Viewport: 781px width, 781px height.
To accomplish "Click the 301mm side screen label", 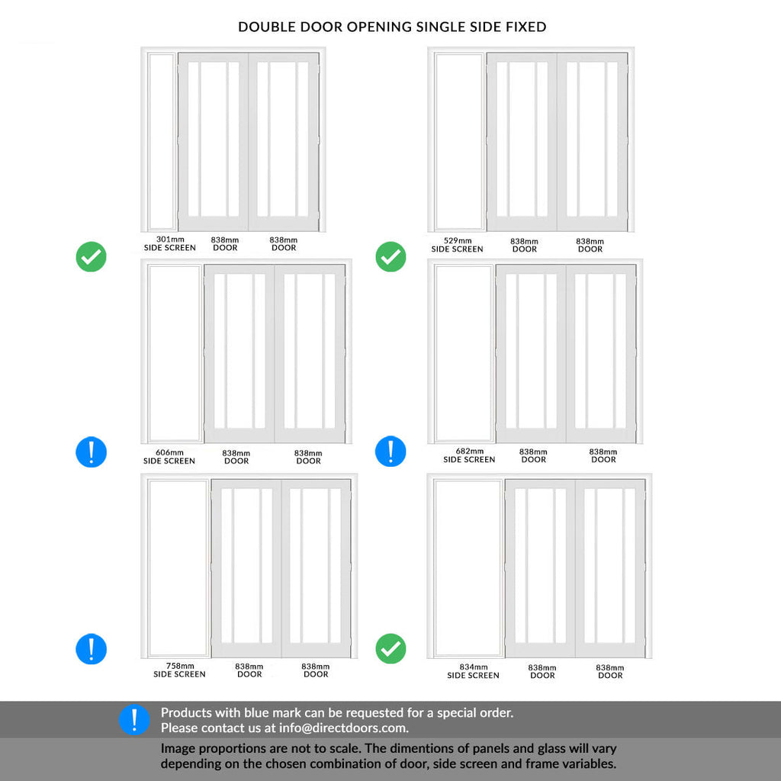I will point(169,243).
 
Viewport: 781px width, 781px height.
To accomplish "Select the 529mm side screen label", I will point(457,245).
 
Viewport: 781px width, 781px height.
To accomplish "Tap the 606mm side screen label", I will point(169,457).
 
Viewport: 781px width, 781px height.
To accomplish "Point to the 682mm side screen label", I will point(469,455).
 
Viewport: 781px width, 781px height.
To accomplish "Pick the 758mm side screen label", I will point(179,670).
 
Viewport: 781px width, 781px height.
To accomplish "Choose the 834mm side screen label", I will point(473,671).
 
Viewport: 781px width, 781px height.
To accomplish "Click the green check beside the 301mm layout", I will point(92,257).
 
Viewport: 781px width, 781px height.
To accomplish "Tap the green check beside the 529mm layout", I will point(390,257).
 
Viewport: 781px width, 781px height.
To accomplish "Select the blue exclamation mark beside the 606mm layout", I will point(92,452).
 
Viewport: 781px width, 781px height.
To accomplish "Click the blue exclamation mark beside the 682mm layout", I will point(390,452).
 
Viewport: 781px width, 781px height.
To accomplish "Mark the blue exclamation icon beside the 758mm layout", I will point(92,649).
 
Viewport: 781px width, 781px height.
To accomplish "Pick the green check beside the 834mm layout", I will point(390,649).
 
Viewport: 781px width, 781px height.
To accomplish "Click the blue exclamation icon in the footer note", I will point(134,720).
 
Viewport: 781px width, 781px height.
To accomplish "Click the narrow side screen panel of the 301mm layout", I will point(161,141).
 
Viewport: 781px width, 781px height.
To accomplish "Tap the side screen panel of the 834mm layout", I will point(468,568).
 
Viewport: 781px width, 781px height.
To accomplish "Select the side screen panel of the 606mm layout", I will point(175,353).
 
